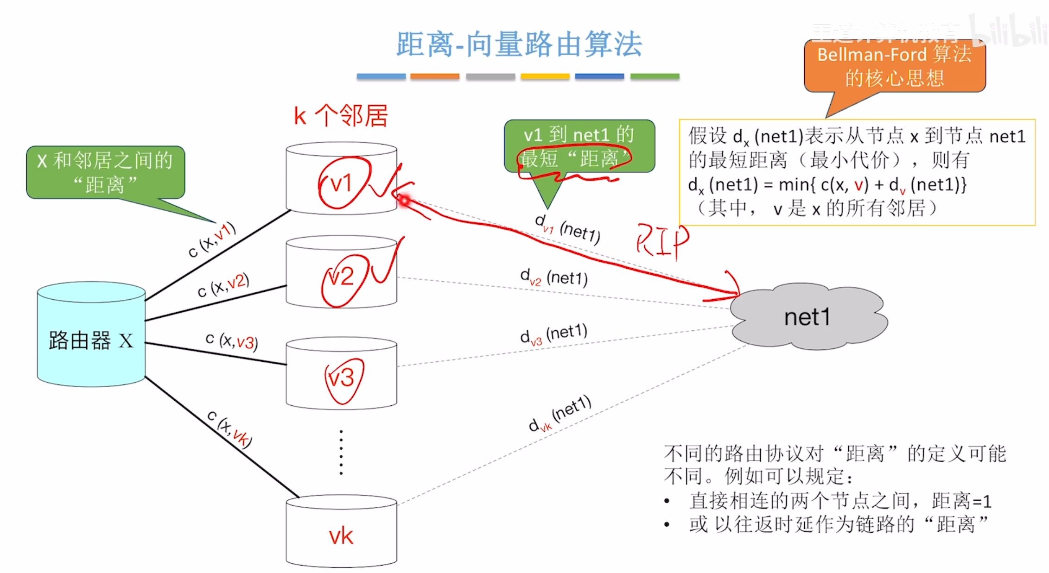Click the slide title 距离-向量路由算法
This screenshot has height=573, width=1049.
(519, 44)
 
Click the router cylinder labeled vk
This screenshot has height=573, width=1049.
(341, 533)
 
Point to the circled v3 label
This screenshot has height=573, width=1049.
(342, 378)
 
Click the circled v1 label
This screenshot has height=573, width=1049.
(342, 184)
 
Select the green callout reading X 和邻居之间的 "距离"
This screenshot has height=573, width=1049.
(105, 172)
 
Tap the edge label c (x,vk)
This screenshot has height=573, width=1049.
(229, 429)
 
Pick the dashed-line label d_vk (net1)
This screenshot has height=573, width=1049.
(559, 414)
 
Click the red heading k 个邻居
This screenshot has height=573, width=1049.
(341, 116)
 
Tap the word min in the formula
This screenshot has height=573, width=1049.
(795, 185)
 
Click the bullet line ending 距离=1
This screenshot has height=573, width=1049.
(839, 501)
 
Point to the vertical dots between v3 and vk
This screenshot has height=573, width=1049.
(341, 452)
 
